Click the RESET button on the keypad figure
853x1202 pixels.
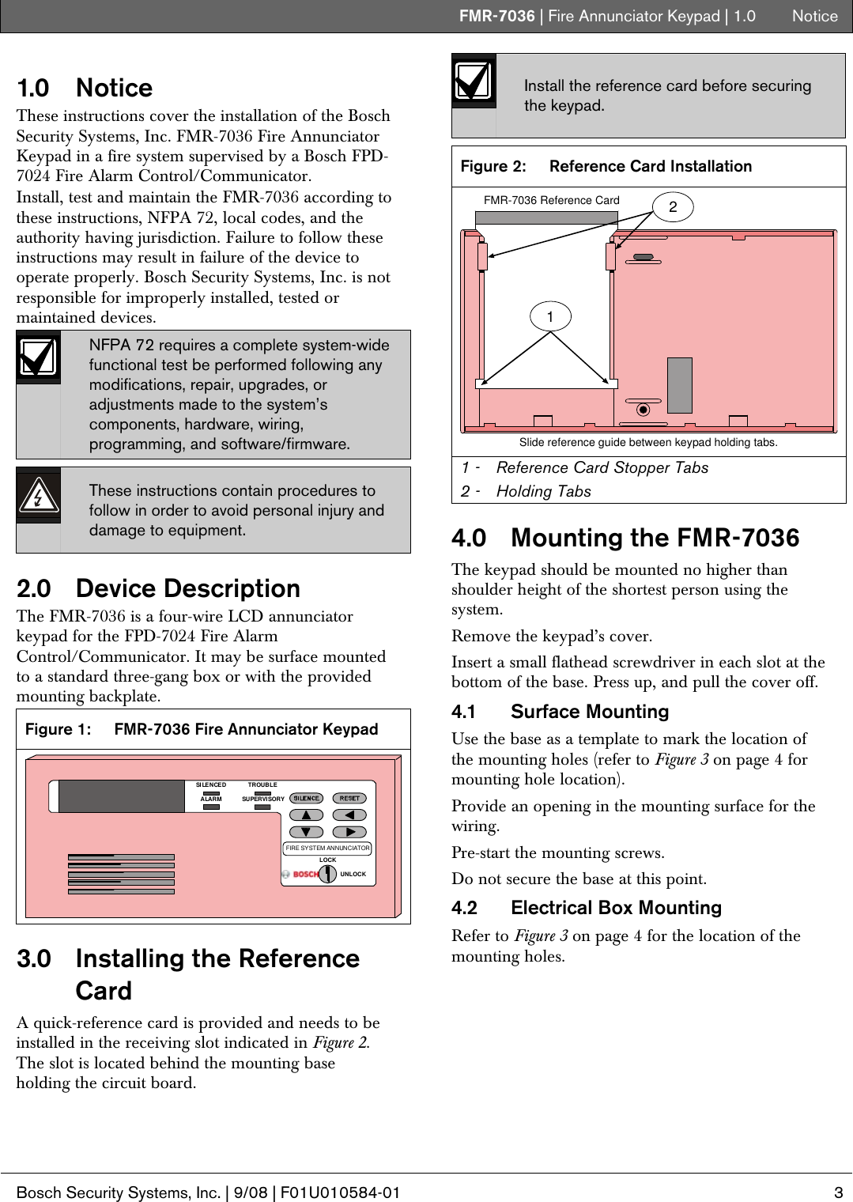point(349,798)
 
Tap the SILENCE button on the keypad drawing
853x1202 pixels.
point(306,798)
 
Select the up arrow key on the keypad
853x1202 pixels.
point(306,815)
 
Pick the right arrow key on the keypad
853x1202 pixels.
point(349,832)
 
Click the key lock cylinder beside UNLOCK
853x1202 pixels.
point(327,875)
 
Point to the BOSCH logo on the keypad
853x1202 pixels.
point(305,874)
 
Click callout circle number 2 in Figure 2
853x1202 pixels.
point(673,207)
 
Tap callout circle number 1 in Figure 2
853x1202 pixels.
point(550,316)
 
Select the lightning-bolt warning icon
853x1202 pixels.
point(38,496)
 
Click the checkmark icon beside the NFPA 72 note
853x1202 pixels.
point(38,357)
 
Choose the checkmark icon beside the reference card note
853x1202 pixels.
point(474,81)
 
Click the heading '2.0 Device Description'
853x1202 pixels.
point(158,588)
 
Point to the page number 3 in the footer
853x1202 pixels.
point(839,1193)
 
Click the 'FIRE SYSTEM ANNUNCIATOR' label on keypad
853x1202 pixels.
point(327,848)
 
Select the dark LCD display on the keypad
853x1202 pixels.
point(121,796)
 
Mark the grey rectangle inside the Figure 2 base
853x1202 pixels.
point(680,385)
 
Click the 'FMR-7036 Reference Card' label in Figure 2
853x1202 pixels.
point(551,200)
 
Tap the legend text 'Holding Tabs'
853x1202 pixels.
point(544,491)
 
